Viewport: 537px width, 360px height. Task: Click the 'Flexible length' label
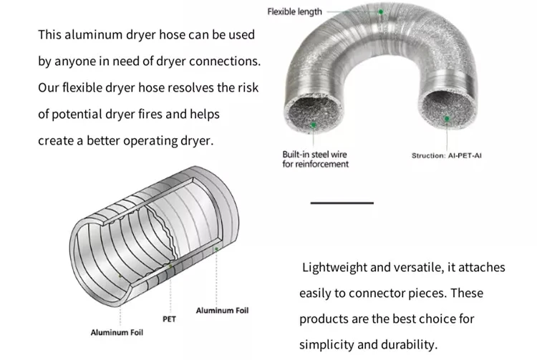(294, 11)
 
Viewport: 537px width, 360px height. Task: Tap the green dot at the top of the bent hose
(381, 12)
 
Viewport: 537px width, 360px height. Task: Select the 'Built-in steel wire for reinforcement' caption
(316, 159)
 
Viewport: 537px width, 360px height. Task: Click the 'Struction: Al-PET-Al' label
(446, 155)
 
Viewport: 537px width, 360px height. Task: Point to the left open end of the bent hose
(314, 117)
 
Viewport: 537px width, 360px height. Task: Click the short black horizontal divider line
(342, 203)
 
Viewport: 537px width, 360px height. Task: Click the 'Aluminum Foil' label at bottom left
(117, 333)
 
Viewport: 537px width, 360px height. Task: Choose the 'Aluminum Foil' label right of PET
(222, 311)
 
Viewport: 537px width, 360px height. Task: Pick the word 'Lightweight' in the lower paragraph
(335, 268)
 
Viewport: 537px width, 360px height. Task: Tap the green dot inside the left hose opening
(314, 125)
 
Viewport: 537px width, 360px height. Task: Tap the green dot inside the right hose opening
(447, 118)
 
